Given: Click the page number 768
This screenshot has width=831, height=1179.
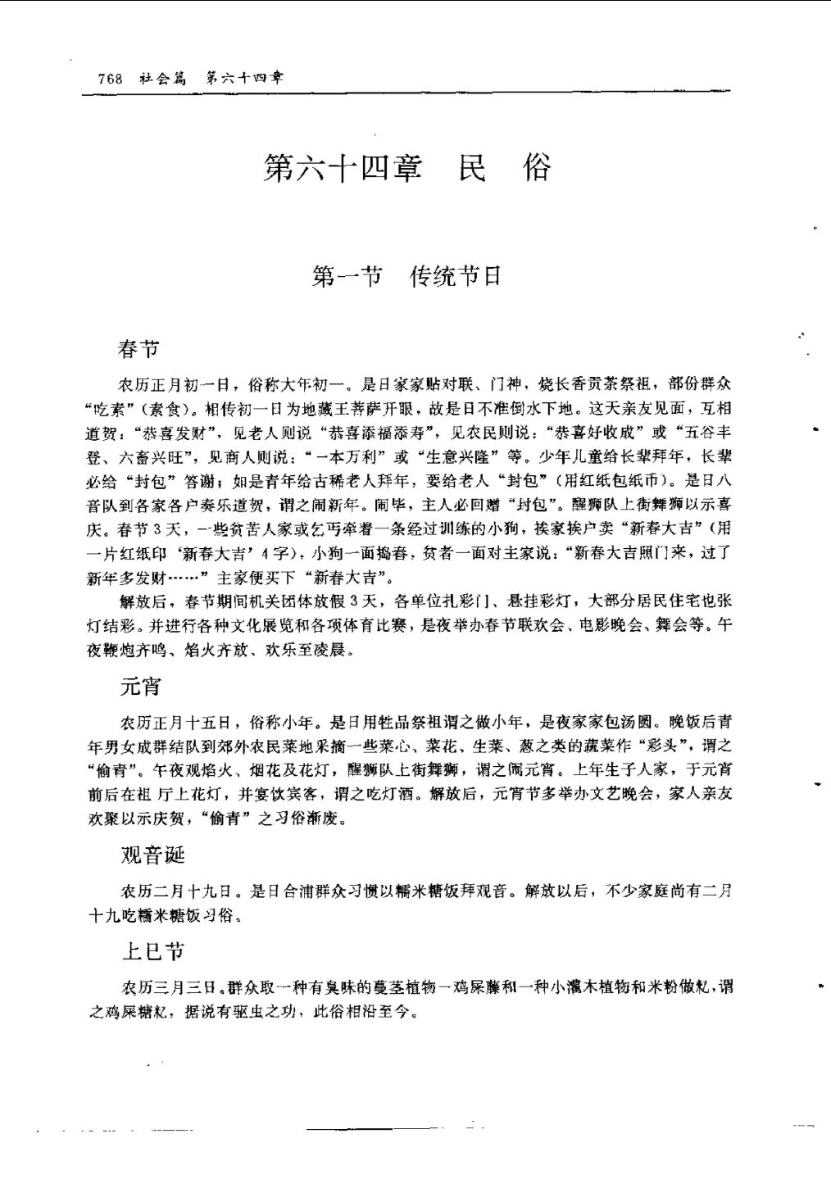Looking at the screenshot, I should coord(110,79).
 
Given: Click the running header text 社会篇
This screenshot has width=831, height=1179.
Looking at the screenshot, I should coord(162,79).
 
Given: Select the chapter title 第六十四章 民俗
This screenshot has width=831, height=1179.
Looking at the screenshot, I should coord(407,168).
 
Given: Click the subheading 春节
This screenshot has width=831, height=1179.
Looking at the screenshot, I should coord(138,349).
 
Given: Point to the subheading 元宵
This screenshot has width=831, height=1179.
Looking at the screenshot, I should coord(139,687).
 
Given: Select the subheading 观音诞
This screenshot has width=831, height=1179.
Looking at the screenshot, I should coord(152,855).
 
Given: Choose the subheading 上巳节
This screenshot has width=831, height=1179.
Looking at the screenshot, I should coord(152,950).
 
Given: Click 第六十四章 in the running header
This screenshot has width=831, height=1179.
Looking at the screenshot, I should coord(243,79).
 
